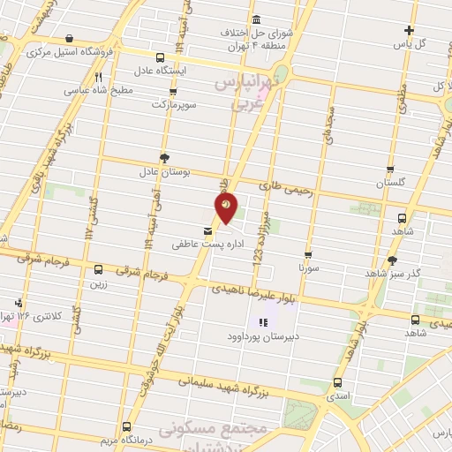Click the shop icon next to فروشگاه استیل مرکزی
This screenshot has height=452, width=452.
[x=70, y=39]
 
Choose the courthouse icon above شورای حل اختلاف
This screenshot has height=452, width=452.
[x=256, y=20]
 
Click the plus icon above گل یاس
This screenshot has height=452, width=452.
[x=408, y=30]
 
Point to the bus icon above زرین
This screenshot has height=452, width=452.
[x=97, y=270]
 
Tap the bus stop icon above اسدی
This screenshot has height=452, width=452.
[x=337, y=382]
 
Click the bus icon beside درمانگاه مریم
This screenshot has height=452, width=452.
[x=126, y=425]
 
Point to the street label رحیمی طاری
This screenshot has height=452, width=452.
[x=280, y=186]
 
